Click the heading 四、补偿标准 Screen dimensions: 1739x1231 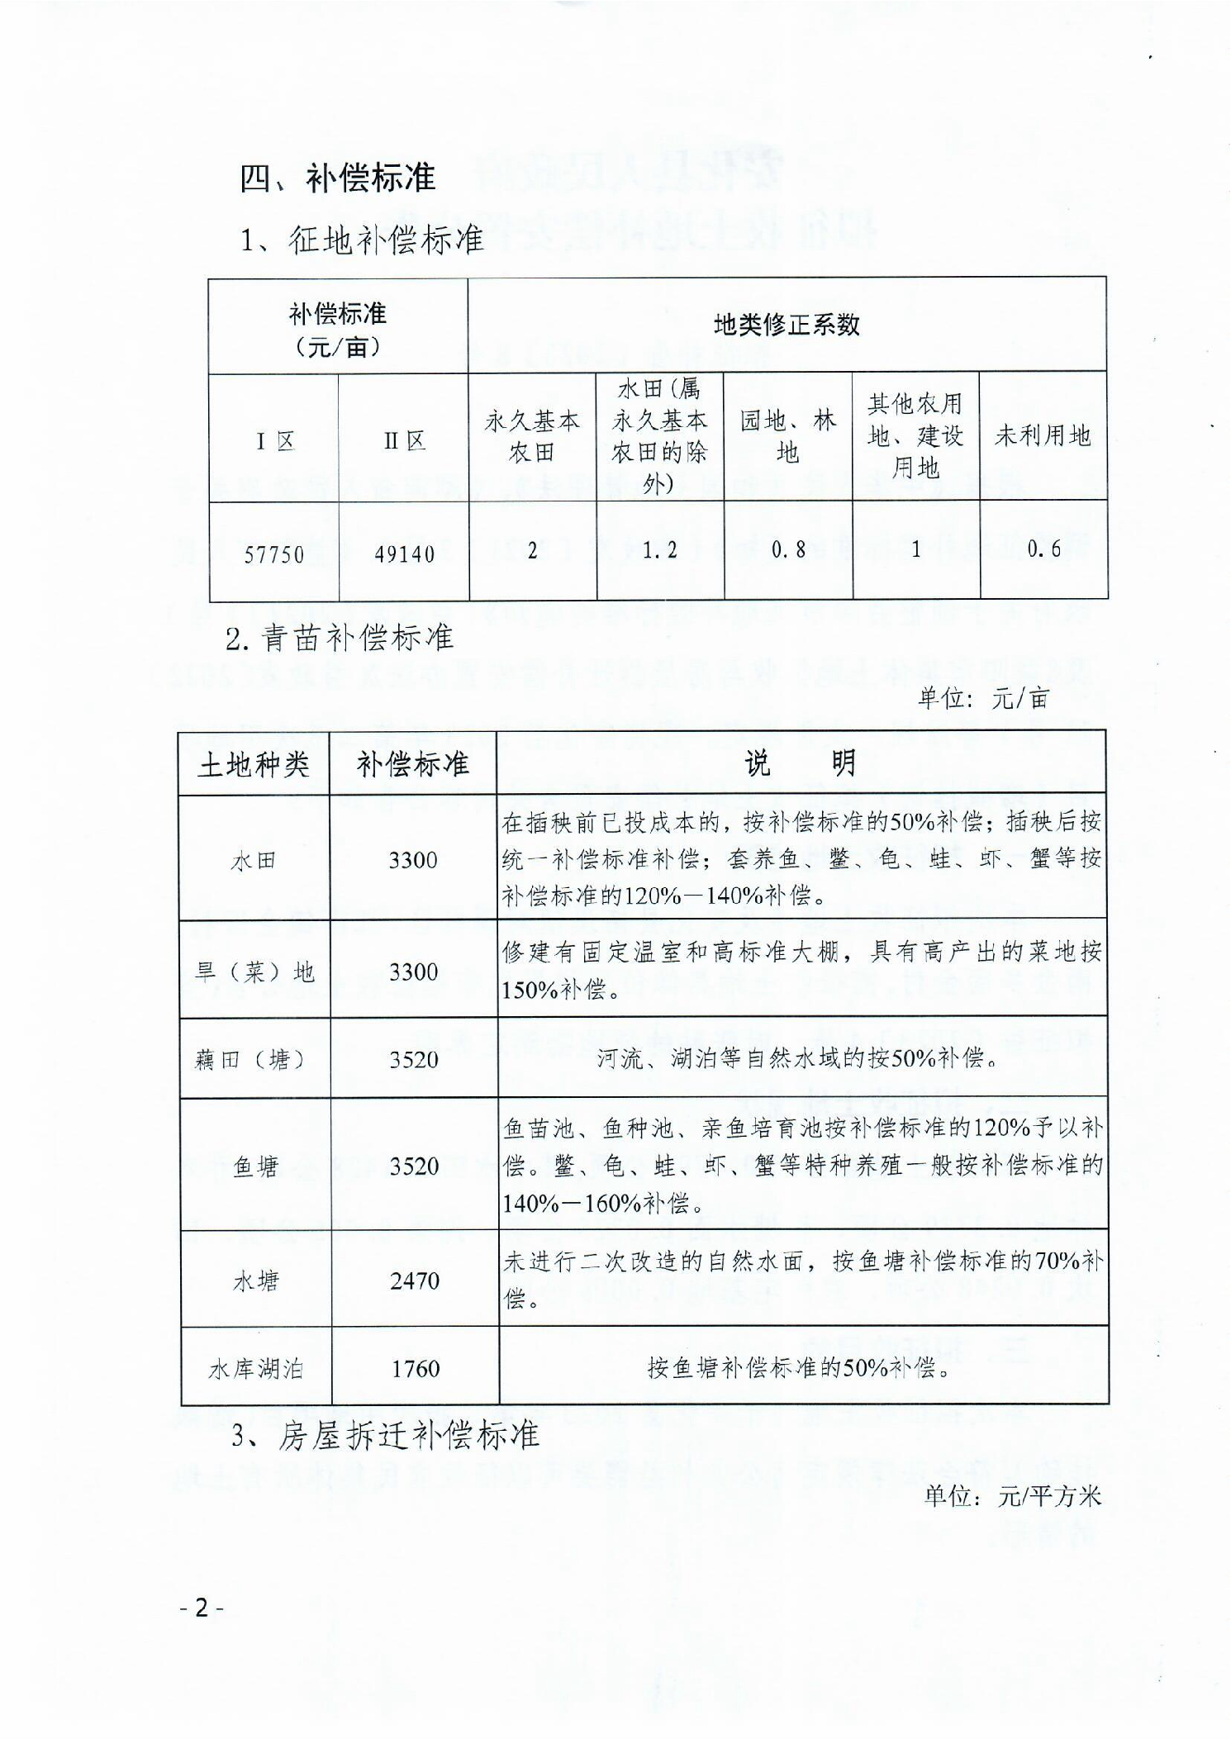[x=337, y=177]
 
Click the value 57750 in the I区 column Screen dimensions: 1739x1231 [x=273, y=554]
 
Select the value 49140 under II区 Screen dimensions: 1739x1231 [x=404, y=554]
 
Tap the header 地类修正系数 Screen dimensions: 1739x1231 [x=787, y=325]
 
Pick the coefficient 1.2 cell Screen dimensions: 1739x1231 [x=660, y=550]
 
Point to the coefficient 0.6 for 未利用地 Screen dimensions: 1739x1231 [x=1043, y=549]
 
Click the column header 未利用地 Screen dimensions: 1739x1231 [x=1043, y=435]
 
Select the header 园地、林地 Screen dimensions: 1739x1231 [x=788, y=436]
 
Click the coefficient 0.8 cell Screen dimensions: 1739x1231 [x=788, y=550]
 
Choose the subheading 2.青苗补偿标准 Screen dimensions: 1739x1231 [x=340, y=637]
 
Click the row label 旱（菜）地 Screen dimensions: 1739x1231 [x=254, y=972]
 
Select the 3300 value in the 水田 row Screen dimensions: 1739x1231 [x=413, y=860]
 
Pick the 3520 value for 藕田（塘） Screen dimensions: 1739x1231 [x=414, y=1059]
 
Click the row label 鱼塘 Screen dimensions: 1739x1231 [x=255, y=1166]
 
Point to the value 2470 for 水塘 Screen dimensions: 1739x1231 [x=415, y=1280]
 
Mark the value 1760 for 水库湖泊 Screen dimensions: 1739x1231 [x=415, y=1369]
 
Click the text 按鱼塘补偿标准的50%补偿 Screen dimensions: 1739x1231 [x=798, y=1368]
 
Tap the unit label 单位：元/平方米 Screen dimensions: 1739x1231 [x=1012, y=1495]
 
